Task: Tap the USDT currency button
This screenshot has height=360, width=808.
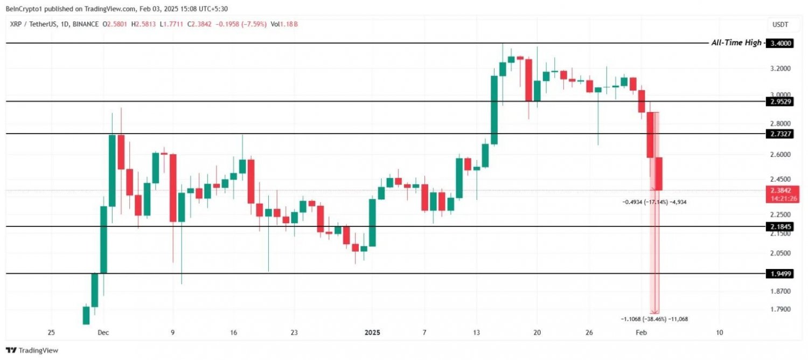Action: [781, 25]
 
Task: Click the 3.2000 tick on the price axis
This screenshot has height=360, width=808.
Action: [781, 68]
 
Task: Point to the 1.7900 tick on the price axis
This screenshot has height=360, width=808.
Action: [781, 309]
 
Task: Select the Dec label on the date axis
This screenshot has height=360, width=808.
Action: [103, 333]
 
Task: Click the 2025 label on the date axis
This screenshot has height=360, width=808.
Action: [372, 333]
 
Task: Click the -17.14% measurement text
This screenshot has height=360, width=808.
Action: [654, 202]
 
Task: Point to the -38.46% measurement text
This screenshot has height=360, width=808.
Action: [654, 319]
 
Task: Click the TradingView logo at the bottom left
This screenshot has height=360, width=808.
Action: [32, 350]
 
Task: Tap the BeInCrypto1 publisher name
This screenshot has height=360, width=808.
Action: [25, 8]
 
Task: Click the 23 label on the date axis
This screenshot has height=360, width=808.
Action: [294, 333]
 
